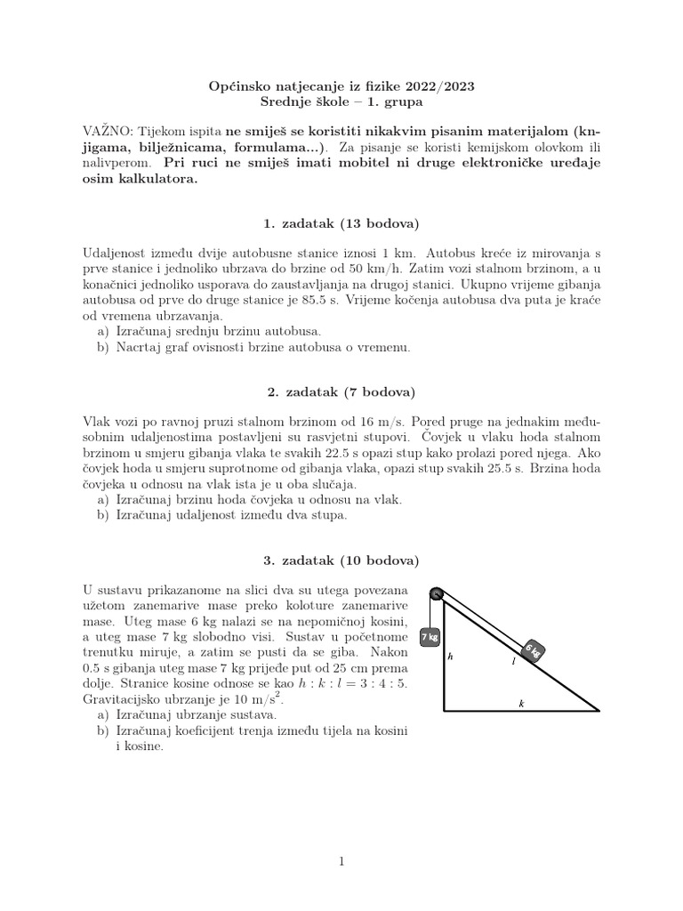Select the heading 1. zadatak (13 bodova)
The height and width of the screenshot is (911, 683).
[342, 222]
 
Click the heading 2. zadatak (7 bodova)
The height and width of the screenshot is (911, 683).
[342, 391]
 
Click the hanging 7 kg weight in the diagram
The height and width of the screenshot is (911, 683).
[430, 637]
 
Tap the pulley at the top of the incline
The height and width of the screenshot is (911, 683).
[436, 594]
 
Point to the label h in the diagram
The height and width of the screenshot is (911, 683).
[451, 657]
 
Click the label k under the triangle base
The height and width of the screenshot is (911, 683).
[521, 703]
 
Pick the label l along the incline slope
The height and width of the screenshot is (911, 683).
[513, 661]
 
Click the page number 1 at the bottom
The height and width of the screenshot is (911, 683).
[341, 861]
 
